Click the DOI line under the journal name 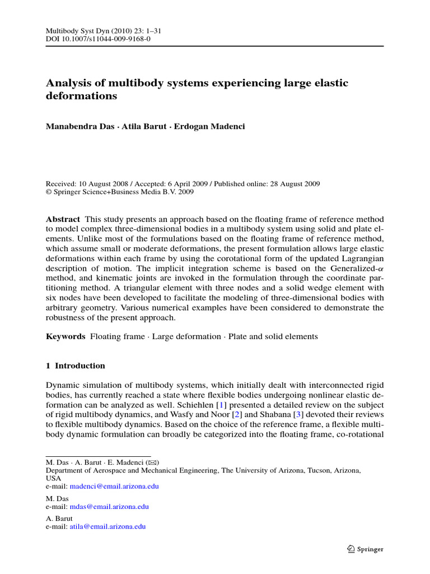pos(97,39)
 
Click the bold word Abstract pos(62,219)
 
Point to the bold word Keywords pos(65,336)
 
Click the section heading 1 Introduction pos(75,366)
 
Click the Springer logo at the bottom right pos(364,549)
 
